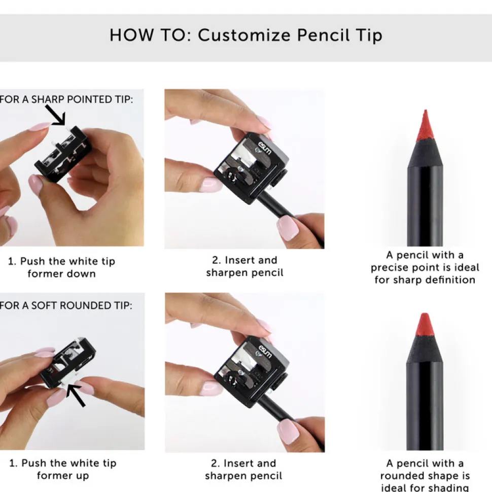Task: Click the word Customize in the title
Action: pyautogui.click(x=244, y=35)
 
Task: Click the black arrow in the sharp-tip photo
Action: pyautogui.click(x=55, y=115)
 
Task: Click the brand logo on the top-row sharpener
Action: pyautogui.click(x=264, y=148)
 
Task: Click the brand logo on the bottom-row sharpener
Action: pyautogui.click(x=265, y=352)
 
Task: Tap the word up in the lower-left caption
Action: pyautogui.click(x=82, y=476)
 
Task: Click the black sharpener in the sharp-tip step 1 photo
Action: pyautogui.click(x=61, y=154)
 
